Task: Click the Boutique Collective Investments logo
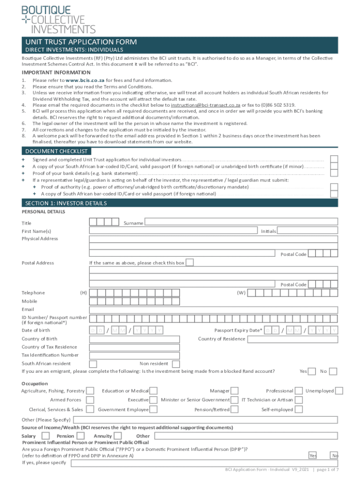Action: [x=58, y=19]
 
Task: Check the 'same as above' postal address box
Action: [x=190, y=262]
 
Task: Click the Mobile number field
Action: [x=213, y=301]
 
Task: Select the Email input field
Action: [x=213, y=309]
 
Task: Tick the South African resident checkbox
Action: [x=93, y=364]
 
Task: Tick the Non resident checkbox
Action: [x=175, y=364]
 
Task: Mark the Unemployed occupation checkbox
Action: [x=339, y=391]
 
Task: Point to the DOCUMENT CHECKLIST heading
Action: [x=56, y=151]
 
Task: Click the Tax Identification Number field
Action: [x=213, y=355]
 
